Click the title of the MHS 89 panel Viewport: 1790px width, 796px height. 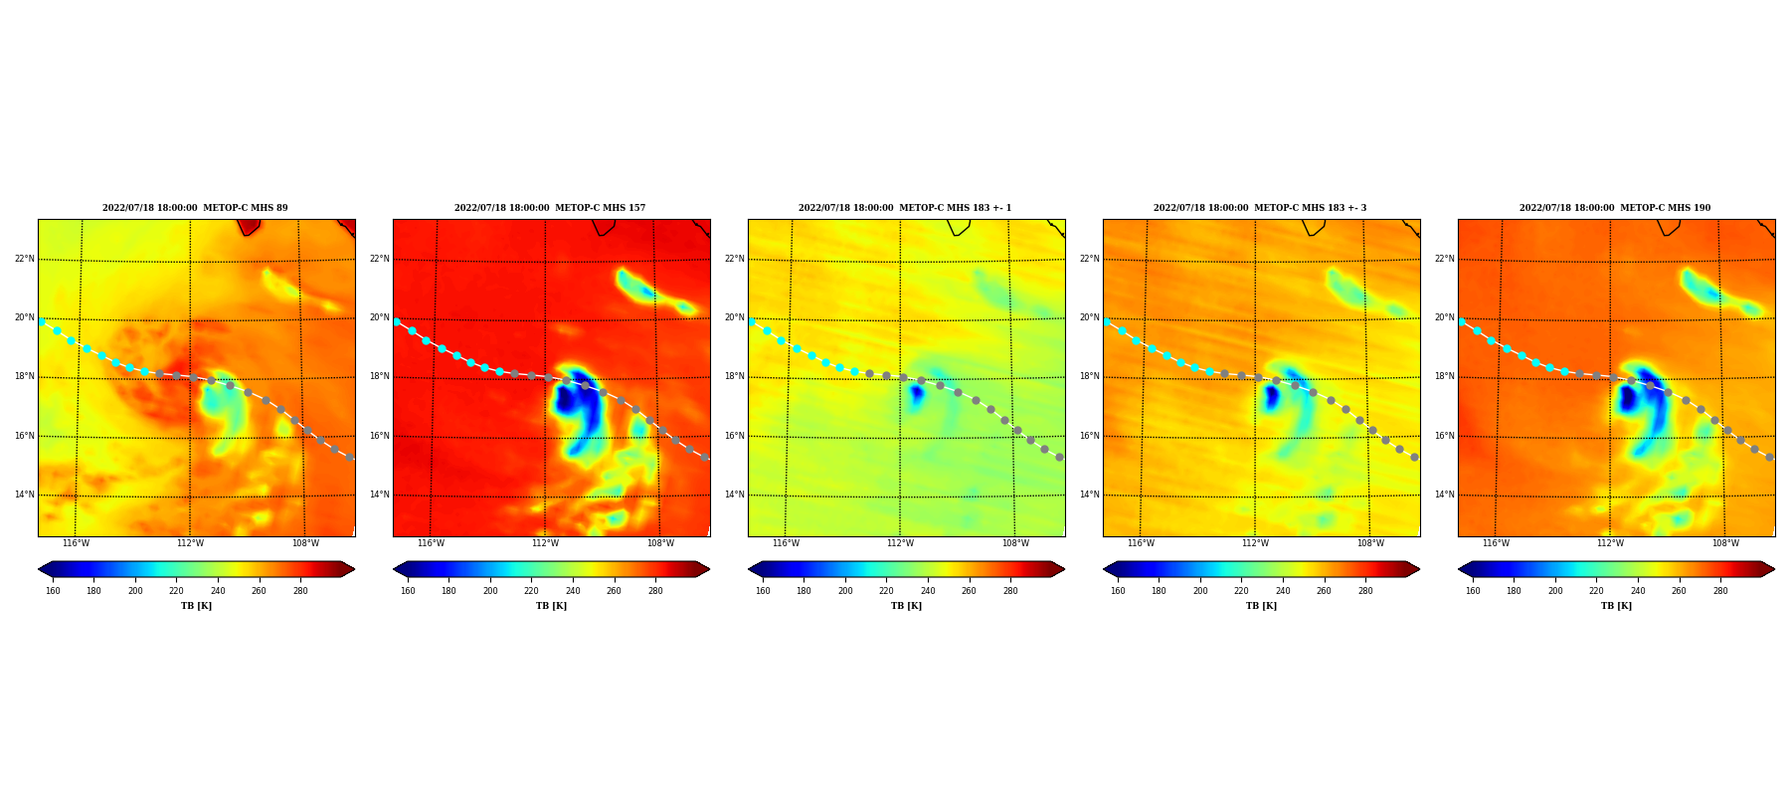pyautogui.click(x=195, y=208)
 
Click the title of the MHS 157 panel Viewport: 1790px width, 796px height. pyautogui.click(x=550, y=208)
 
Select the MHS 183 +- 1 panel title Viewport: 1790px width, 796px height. pyautogui.click(x=905, y=208)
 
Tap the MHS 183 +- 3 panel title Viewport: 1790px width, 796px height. pyautogui.click(x=1260, y=208)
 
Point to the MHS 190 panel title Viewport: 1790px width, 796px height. pyautogui.click(x=1615, y=208)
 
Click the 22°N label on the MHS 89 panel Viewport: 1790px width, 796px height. pyautogui.click(x=24, y=259)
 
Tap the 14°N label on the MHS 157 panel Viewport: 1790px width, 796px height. pyautogui.click(x=379, y=495)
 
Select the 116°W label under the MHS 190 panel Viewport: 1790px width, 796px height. pyautogui.click(x=1496, y=543)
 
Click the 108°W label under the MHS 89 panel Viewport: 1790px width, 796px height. pyautogui.click(x=305, y=543)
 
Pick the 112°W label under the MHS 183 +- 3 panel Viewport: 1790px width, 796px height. pyautogui.click(x=1255, y=543)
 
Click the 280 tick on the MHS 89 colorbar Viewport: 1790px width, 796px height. pyautogui.click(x=300, y=591)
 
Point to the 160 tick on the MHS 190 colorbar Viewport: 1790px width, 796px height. pyautogui.click(x=1473, y=591)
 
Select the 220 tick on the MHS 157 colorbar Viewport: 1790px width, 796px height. pyautogui.click(x=531, y=591)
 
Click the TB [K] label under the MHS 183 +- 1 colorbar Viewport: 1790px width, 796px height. pyautogui.click(x=906, y=606)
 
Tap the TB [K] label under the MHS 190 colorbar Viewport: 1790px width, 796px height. pyautogui.click(x=1616, y=606)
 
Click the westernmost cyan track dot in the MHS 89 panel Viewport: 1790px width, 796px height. pyautogui.click(x=42, y=321)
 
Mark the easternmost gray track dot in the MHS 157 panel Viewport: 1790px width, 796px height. pyautogui.click(x=704, y=457)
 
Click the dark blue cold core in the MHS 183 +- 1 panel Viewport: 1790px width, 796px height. pyautogui.click(x=916, y=393)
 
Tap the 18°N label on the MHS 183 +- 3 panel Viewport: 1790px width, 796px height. pyautogui.click(x=1089, y=377)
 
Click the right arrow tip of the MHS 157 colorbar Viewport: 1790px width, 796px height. pyautogui.click(x=709, y=569)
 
